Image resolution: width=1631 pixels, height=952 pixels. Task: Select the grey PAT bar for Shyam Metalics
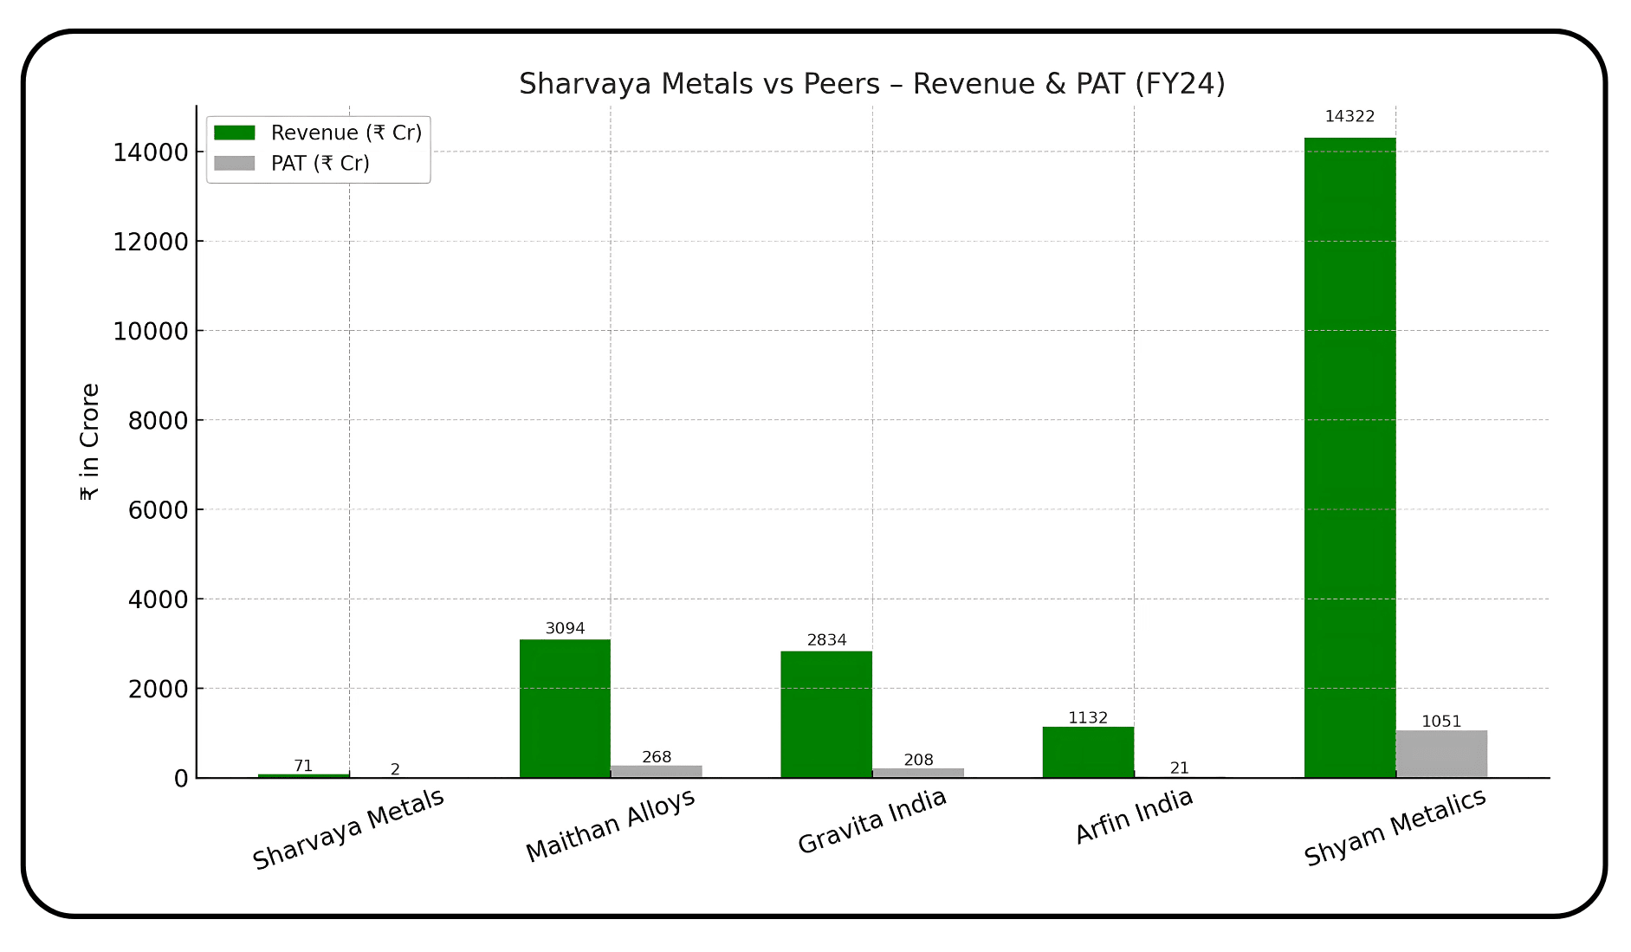pos(1441,754)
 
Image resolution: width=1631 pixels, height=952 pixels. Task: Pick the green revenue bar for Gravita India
pos(826,714)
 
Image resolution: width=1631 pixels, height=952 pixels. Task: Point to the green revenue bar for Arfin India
pos(1088,752)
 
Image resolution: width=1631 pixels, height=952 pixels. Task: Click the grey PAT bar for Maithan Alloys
pos(657,771)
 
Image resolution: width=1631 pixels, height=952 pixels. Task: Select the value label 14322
pos(1349,117)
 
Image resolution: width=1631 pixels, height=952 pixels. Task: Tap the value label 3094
pos(565,629)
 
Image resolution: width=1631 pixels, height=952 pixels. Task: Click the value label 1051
pos(1441,722)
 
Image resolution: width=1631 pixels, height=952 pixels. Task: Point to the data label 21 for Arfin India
pos(1179,768)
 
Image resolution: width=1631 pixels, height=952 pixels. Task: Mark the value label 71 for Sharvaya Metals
pos(303,766)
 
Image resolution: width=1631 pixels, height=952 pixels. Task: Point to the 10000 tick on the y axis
pos(151,331)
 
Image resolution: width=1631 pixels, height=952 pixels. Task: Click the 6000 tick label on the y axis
pos(158,510)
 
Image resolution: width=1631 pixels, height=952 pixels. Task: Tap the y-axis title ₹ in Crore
pos(89,442)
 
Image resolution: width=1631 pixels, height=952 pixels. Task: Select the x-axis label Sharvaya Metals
pos(348,829)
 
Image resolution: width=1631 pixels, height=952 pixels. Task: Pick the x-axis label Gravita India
pos(871,821)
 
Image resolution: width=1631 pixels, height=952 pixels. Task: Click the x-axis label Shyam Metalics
pos(1395,827)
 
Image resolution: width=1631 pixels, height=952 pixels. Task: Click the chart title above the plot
pos(871,84)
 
